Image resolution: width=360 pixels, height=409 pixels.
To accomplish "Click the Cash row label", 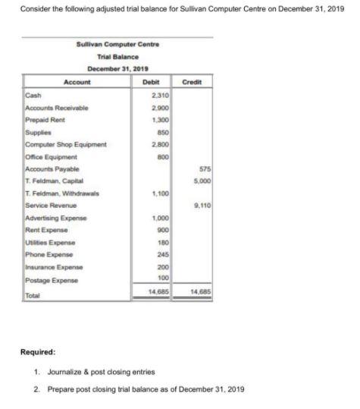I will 33,95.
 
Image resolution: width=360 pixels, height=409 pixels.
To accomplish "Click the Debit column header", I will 151,82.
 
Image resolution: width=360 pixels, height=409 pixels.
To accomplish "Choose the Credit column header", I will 192,82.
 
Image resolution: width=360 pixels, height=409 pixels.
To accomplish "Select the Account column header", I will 77,82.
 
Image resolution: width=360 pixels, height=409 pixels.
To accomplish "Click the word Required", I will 38,351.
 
